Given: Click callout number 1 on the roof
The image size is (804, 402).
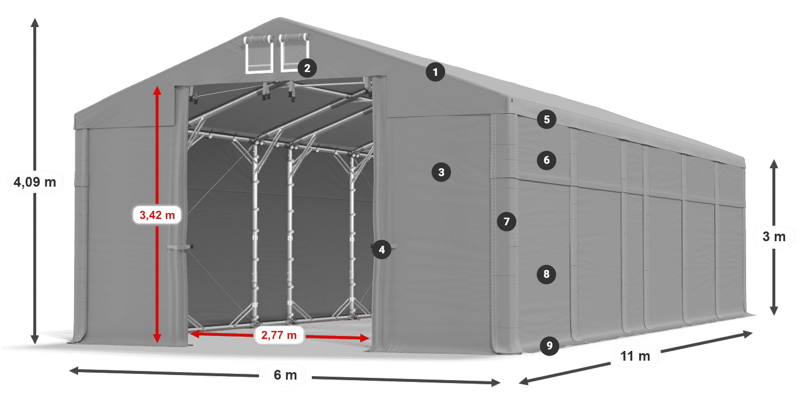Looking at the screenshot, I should coord(436,72).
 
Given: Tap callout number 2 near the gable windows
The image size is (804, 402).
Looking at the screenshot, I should coord(307,68).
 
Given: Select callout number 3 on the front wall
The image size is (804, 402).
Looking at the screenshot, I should coord(441,172).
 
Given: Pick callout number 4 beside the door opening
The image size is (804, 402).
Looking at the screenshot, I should coord(381,249).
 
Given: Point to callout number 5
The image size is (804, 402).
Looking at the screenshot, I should coord(547,119).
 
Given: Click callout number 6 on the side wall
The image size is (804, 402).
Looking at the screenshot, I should coord(547,160).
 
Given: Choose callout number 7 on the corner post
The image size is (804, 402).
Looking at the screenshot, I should coord(506,221).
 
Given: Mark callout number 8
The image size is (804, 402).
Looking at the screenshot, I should coord(547,274).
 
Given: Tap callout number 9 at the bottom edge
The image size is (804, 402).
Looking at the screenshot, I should coord(550,345).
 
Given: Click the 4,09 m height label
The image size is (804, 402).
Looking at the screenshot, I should coord(34,183).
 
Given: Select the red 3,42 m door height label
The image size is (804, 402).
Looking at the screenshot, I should coord(157,215).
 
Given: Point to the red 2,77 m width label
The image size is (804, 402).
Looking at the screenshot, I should coord(279,335).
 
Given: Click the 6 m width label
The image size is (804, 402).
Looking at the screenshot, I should coord(285,376).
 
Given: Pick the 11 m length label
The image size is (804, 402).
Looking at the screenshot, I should coord(635,356).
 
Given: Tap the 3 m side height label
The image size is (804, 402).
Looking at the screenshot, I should coord(774,237).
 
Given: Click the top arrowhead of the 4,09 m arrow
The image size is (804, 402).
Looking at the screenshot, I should coord(34,22).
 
